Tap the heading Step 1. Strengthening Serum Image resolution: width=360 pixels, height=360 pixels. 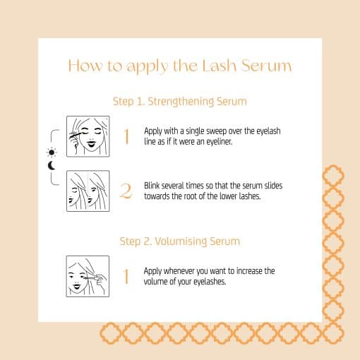pyautogui.click(x=180, y=102)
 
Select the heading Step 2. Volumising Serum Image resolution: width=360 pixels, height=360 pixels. pyautogui.click(x=180, y=241)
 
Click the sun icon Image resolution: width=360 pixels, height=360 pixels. pyautogui.click(x=51, y=152)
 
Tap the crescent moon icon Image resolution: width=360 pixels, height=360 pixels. pyautogui.click(x=51, y=167)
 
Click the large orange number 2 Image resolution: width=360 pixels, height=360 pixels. pyautogui.click(x=126, y=191)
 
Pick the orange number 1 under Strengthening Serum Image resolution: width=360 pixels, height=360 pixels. pyautogui.click(x=126, y=136)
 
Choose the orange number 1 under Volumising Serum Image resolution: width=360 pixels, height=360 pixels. pyautogui.click(x=126, y=276)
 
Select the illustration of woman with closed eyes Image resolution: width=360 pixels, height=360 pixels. pyautogui.click(x=88, y=136)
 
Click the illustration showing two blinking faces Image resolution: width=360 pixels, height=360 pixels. pyautogui.click(x=88, y=191)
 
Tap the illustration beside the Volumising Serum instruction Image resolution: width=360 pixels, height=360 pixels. pyautogui.click(x=88, y=276)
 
